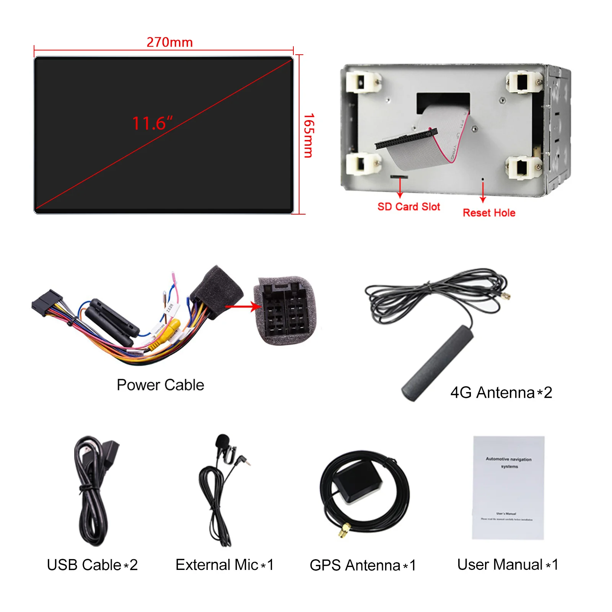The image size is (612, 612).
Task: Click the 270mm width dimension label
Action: (169, 42)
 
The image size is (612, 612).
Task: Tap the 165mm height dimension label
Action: (308, 135)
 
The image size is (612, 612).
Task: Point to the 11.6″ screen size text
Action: (152, 123)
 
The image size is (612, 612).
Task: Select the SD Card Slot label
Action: (409, 207)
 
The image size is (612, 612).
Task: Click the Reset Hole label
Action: (489, 213)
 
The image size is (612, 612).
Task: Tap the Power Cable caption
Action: (160, 385)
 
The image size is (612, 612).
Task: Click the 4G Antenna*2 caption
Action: (501, 392)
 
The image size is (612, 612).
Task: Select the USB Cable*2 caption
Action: (92, 565)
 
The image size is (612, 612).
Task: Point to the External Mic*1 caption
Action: (225, 565)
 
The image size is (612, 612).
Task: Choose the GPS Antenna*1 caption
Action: (363, 565)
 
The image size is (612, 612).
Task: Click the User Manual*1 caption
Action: (508, 564)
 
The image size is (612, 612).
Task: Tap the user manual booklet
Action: (508, 488)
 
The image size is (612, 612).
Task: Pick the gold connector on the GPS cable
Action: (344, 530)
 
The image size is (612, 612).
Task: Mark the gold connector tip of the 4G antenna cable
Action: (506, 296)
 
